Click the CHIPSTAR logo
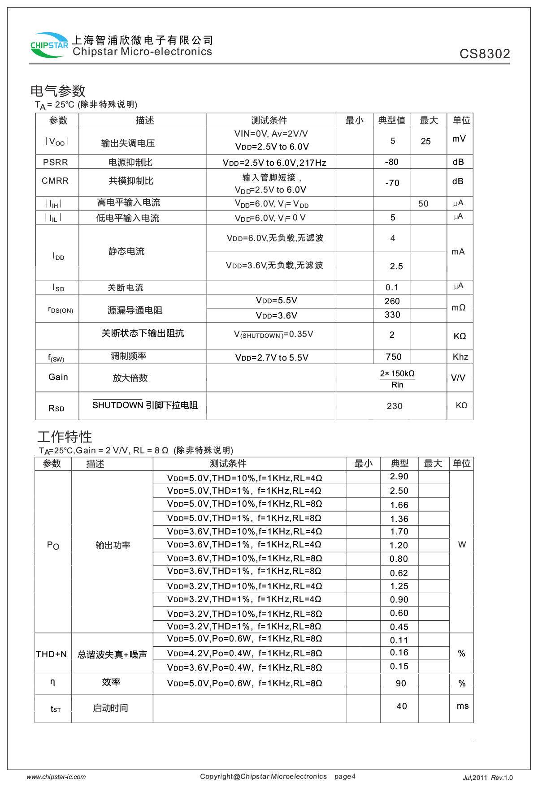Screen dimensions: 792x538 point(49,45)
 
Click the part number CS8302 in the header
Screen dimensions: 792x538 point(485,54)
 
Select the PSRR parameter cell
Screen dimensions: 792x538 point(56,162)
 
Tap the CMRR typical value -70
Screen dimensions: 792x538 point(392,183)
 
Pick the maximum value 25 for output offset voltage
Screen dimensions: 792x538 point(425,142)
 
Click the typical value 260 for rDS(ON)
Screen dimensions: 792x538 point(392,301)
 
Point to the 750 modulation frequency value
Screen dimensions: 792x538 point(394,357)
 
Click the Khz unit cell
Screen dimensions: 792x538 point(460,357)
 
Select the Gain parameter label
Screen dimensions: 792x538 point(58,377)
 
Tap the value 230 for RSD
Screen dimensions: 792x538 point(395,406)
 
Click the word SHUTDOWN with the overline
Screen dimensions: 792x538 point(117,405)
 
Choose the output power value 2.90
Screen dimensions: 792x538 point(399,477)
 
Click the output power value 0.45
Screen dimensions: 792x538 point(399,627)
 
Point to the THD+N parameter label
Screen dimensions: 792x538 point(52,654)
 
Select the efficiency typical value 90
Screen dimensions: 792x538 point(401,684)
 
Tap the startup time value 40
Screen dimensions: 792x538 point(402,706)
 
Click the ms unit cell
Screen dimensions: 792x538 point(463,706)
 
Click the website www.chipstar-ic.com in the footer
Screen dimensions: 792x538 point(56,777)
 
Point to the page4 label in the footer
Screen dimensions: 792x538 point(345,777)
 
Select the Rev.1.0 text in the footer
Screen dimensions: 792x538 point(502,778)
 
